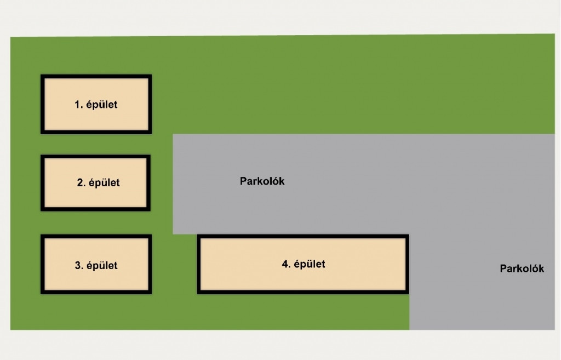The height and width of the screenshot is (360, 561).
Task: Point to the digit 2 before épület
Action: coord(79,183)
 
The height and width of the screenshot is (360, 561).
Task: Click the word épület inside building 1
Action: coord(102,104)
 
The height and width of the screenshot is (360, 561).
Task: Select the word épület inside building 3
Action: coord(102,266)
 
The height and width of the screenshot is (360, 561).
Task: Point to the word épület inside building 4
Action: coord(310,264)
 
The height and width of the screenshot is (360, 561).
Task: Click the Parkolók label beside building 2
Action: coord(262,181)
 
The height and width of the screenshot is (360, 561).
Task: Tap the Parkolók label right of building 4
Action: coord(522,268)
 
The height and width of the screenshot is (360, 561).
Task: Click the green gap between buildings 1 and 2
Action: coord(96,145)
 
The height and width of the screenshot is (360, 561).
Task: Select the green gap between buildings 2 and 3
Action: coord(96,223)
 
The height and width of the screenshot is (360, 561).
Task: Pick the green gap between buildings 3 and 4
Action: coord(174,265)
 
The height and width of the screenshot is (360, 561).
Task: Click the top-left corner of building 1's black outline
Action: coord(42,76)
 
